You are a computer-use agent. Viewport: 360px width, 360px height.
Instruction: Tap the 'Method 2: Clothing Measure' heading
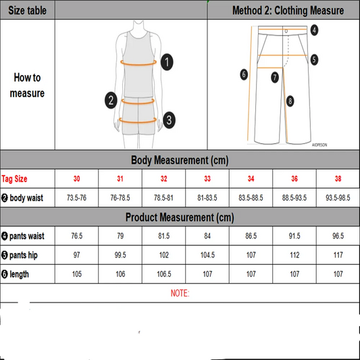[x=288, y=11]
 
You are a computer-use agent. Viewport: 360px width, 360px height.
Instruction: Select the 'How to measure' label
[x=27, y=86]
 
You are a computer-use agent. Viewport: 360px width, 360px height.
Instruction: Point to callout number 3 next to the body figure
[x=168, y=120]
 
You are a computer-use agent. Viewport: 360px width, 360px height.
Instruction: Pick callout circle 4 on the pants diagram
[x=314, y=30]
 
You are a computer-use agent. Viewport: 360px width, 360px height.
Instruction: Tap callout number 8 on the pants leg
[x=290, y=101]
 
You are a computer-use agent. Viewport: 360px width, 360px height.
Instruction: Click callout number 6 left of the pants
[x=244, y=74]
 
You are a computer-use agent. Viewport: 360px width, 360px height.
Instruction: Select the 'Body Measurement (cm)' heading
[x=179, y=160]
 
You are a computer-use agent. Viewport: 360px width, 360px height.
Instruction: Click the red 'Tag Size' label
[x=15, y=179]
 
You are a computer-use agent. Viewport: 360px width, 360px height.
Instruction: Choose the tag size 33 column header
[x=207, y=179]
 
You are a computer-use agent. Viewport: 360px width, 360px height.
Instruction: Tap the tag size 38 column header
[x=337, y=179]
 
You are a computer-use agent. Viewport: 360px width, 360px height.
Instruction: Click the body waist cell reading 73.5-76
[x=76, y=199]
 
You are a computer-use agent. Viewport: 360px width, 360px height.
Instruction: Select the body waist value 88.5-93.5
[x=294, y=199]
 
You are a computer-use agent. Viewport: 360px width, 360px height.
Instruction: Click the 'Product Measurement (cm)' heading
[x=179, y=217]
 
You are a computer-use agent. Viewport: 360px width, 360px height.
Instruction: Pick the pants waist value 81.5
[x=164, y=236]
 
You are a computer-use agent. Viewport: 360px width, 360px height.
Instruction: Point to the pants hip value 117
[x=337, y=255]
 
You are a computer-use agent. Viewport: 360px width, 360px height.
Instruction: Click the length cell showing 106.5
[x=164, y=274]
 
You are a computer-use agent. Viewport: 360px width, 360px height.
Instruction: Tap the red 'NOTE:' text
[x=179, y=293]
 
